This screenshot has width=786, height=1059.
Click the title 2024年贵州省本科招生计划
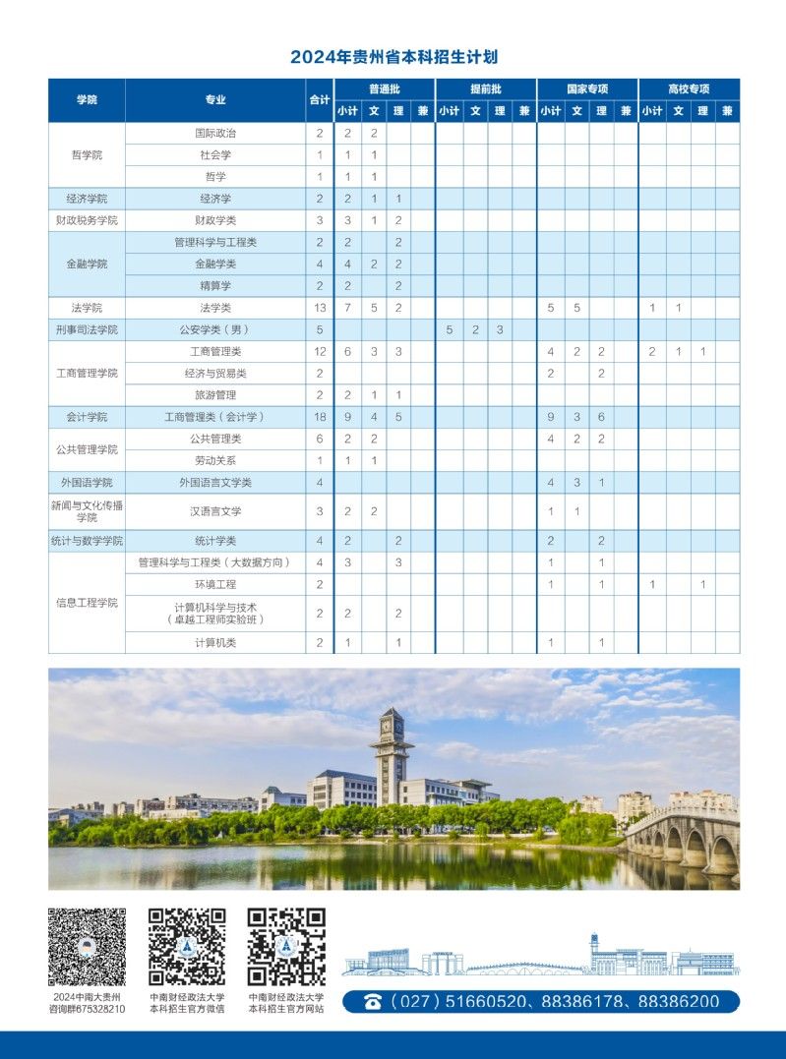click(393, 57)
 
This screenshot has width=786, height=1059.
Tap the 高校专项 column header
click(689, 88)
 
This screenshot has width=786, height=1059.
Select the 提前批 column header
click(485, 88)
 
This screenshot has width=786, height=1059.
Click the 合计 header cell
click(320, 99)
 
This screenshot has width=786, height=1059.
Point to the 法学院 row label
click(87, 308)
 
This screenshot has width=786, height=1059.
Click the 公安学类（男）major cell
click(215, 329)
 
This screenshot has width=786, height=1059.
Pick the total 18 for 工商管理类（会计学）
click(320, 417)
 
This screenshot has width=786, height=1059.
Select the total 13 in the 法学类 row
click(320, 308)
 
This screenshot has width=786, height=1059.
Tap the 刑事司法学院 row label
click(87, 329)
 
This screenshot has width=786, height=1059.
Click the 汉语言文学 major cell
click(215, 511)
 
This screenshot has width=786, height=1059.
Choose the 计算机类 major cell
click(215, 642)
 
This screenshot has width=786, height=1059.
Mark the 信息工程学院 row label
click(87, 603)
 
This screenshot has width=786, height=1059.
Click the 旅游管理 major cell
click(215, 395)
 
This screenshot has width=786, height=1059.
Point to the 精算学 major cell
click(215, 286)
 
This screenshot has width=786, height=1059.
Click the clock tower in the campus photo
click(392, 752)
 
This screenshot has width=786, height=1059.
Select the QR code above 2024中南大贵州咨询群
click(88, 947)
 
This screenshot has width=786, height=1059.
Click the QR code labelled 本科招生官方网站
click(285, 947)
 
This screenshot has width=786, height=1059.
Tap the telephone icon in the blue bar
click(373, 1002)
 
